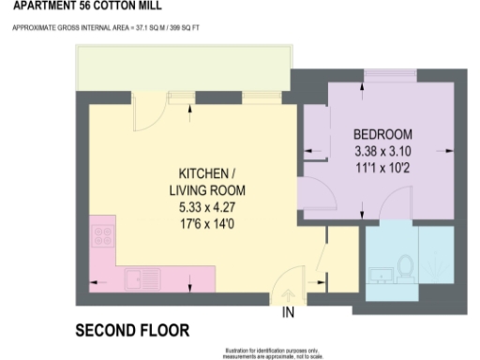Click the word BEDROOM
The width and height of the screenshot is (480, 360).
[383, 134]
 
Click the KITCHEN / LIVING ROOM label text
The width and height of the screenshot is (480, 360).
[200, 183]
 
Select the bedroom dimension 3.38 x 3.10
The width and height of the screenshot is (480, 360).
[382, 151]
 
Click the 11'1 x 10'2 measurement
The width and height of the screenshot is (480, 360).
[382, 166]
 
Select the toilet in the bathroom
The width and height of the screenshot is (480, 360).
[406, 265]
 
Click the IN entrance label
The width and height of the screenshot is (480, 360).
[289, 312]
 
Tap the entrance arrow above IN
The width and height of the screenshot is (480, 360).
[289, 293]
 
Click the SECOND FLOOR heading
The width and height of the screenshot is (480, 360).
[132, 331]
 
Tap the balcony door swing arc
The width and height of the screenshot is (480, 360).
[142, 116]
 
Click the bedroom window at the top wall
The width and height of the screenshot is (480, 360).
[383, 75]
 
